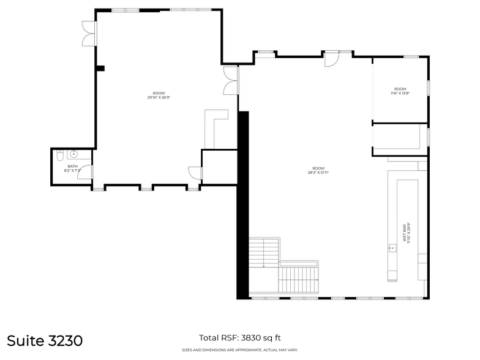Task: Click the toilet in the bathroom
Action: (59, 157)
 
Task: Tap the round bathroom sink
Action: (74, 154)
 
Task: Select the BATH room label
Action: (73, 166)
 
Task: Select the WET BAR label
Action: (403, 233)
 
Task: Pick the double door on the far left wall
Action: (89, 33)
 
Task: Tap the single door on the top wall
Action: (331, 59)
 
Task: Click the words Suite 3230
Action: (45, 340)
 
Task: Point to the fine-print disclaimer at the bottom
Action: (239, 350)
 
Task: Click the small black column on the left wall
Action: (102, 68)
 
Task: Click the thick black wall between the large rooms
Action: (243, 202)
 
